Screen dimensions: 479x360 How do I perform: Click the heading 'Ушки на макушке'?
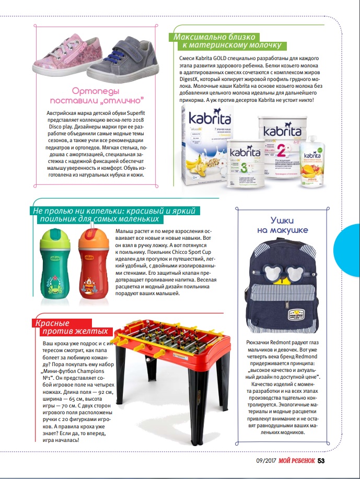[282, 225]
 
